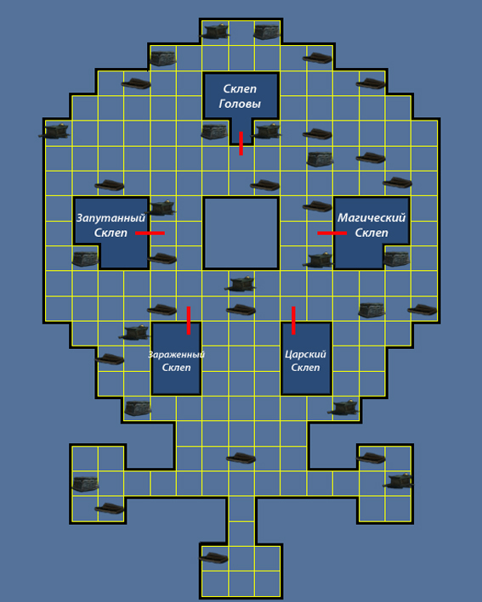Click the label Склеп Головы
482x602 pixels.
(x=240, y=96)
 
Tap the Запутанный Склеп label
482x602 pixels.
(x=111, y=225)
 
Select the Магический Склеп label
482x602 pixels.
(x=371, y=225)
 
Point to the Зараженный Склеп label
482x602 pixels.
(x=177, y=361)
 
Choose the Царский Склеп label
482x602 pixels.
(x=305, y=361)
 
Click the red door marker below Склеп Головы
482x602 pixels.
(x=241, y=143)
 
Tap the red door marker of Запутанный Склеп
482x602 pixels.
(x=150, y=233)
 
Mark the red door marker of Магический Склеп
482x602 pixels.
(x=332, y=233)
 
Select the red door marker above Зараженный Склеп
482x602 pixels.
(x=189, y=321)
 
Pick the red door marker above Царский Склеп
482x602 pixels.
(x=293, y=321)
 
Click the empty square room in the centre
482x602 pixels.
(x=241, y=233)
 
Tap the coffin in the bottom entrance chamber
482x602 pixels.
(x=213, y=558)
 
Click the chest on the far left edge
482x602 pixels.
(x=54, y=132)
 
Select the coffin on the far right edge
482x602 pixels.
(x=422, y=309)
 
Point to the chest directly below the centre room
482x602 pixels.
(x=241, y=284)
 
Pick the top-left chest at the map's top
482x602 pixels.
(x=214, y=31)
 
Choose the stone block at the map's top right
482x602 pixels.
(x=266, y=32)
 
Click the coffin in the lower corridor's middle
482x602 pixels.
(x=241, y=458)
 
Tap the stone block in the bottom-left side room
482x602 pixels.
(x=85, y=484)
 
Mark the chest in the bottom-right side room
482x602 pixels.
(x=399, y=481)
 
